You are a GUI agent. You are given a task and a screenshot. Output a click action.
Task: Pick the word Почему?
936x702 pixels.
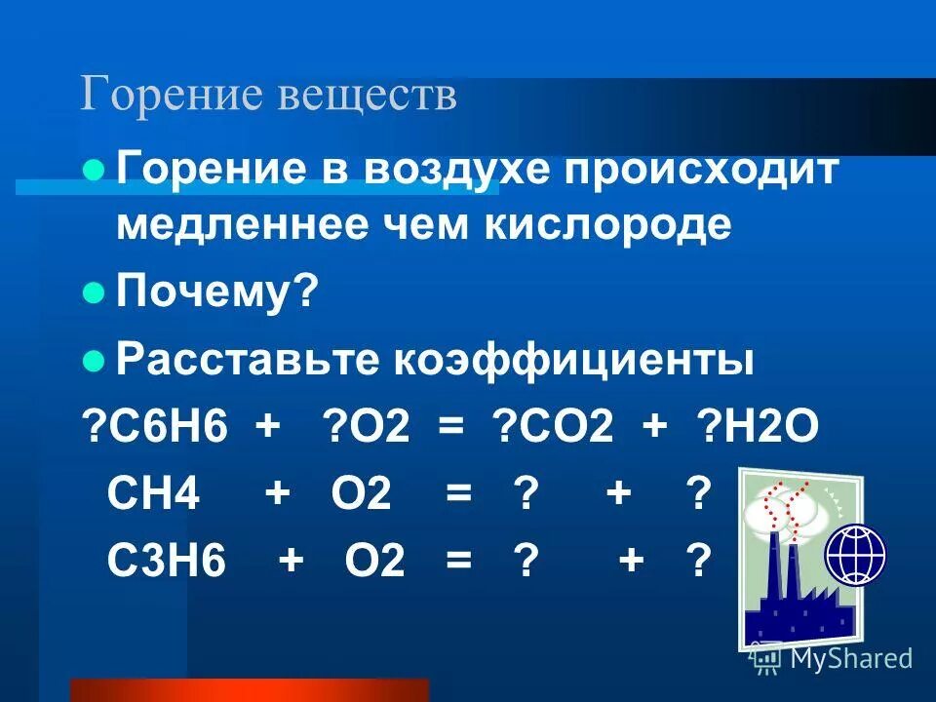(217, 292)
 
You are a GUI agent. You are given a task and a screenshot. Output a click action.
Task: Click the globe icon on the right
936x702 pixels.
(856, 555)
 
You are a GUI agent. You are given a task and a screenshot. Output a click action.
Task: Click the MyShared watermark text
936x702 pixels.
(849, 658)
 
